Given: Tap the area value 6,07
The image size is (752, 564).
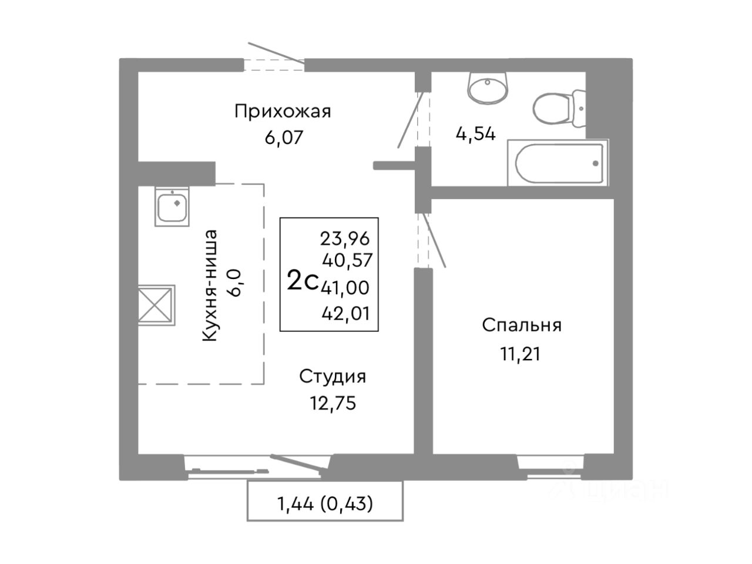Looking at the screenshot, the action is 284,137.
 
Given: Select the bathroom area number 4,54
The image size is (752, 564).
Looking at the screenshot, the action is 475,133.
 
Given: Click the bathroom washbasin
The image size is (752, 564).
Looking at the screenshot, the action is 487,88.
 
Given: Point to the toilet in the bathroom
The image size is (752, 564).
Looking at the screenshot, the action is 559,109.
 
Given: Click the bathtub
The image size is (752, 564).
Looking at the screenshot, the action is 558,163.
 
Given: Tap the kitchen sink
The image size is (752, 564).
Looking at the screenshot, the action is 172,206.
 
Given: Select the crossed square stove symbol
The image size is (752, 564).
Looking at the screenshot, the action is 156,305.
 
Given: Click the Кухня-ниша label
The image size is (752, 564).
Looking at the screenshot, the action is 210,286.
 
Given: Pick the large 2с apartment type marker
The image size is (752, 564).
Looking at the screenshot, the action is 303,280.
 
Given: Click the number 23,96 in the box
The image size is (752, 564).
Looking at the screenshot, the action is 345,239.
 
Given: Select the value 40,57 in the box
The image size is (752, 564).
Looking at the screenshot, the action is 347,260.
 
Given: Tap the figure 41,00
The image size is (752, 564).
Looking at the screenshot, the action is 345,287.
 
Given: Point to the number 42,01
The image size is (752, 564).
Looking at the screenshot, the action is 346,313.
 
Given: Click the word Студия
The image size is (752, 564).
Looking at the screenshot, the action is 333,377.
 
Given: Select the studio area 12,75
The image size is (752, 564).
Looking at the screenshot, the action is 333,403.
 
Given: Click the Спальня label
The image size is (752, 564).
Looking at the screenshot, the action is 522,325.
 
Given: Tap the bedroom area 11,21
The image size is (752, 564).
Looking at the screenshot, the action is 521,354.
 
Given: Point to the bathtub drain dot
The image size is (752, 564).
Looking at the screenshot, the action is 596,163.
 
